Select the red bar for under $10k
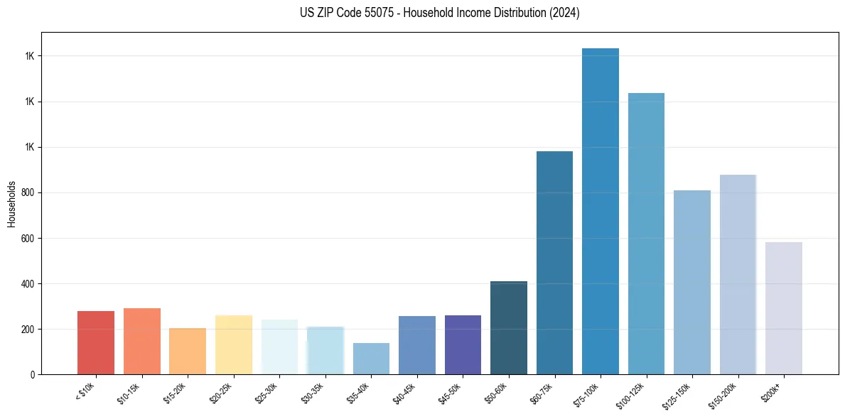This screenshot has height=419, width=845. (x=96, y=343)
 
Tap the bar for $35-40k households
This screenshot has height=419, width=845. (x=371, y=359)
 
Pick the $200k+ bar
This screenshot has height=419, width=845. (x=783, y=308)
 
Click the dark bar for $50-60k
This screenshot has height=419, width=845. (x=509, y=328)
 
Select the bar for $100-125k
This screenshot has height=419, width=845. (x=646, y=234)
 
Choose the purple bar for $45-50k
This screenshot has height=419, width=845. (x=463, y=345)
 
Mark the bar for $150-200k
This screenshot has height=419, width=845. (x=738, y=275)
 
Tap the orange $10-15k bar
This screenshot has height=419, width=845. (x=142, y=342)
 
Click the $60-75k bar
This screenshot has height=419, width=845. (x=554, y=263)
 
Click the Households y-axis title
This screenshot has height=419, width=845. (x=11, y=204)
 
